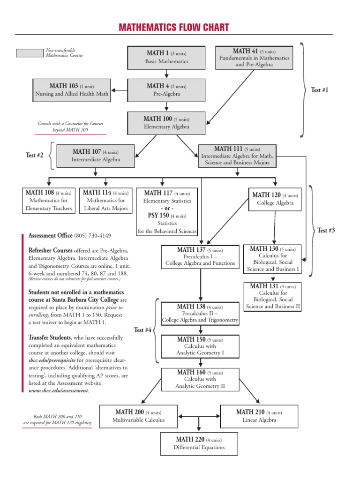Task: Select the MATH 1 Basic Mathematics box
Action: coord(166,57)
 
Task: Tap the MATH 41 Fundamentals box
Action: coord(254,57)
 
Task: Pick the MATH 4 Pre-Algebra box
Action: coord(166,90)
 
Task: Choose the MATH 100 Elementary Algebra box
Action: coord(166,123)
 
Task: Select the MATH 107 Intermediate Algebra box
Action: coord(96,156)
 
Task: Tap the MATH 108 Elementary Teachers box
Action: coord(49,200)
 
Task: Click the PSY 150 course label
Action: coord(159,216)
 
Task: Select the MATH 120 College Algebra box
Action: coord(275,199)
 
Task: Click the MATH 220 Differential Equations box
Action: coord(199,443)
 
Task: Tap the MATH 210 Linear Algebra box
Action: coord(259,416)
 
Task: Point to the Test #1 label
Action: coord(320,90)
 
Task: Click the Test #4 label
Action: coord(142,330)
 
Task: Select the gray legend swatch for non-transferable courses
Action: coord(29,53)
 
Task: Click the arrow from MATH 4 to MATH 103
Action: coord(120,90)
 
